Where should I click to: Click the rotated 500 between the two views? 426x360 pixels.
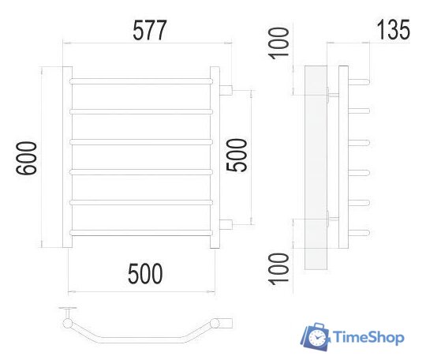pyautogui.click(x=238, y=155)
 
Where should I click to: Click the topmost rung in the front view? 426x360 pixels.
pyautogui.click(x=142, y=81)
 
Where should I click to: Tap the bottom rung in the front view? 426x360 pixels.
pyautogui.click(x=142, y=231)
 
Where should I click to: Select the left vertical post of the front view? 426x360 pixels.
pyautogui.click(x=66, y=158)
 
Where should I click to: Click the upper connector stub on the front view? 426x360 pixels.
pyautogui.click(x=226, y=89)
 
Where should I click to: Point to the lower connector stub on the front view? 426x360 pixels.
pyautogui.click(x=226, y=224)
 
